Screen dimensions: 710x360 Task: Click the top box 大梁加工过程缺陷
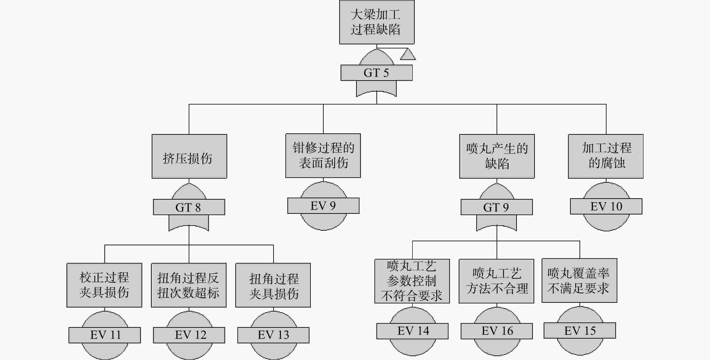(x=377, y=22)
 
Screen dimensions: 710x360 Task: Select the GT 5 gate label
(x=376, y=73)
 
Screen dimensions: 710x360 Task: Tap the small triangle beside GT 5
(x=408, y=54)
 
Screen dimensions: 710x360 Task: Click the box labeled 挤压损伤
(x=189, y=156)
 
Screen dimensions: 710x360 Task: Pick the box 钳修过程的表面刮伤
(x=323, y=156)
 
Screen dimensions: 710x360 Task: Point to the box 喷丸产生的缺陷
(x=497, y=156)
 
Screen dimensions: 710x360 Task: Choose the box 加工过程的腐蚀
(x=606, y=156)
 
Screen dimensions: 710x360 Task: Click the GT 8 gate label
(x=189, y=207)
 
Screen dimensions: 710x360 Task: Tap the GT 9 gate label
(x=497, y=207)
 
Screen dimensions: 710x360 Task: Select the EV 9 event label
(x=323, y=205)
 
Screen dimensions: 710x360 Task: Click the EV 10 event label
(x=606, y=206)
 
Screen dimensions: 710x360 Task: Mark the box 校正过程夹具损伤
(x=104, y=285)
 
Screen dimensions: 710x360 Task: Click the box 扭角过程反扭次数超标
(x=189, y=285)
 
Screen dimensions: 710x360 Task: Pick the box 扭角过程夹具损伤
(x=273, y=285)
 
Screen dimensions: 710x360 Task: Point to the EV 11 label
(x=105, y=335)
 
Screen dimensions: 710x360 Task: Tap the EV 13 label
(x=273, y=335)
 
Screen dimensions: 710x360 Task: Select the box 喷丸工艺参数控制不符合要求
(x=412, y=281)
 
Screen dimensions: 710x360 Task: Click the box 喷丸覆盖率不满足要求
(x=579, y=280)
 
